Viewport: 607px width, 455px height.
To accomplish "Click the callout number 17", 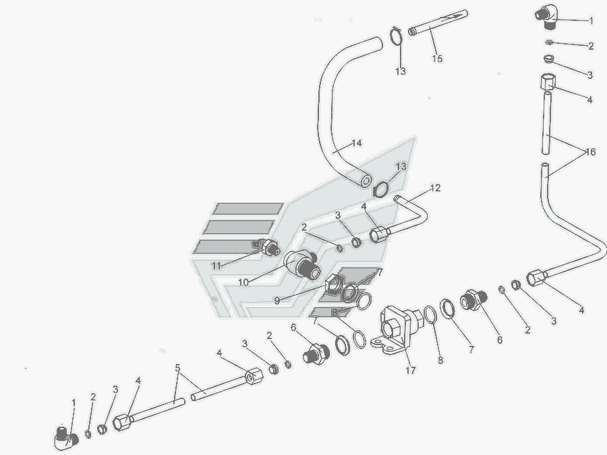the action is (x=410, y=370).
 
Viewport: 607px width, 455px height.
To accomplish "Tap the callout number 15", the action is (x=437, y=59).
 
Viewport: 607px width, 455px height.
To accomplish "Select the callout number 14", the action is (x=357, y=143).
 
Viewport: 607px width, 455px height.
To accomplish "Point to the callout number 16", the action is (x=590, y=152).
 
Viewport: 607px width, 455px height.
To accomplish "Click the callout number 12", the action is (x=435, y=188).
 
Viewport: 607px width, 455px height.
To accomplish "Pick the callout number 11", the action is (x=216, y=266).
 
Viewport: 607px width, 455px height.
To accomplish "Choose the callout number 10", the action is (x=243, y=282).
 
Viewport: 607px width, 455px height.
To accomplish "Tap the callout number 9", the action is (x=277, y=300).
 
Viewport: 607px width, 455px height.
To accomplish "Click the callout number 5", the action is (x=177, y=367).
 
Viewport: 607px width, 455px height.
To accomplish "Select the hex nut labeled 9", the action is (x=334, y=284).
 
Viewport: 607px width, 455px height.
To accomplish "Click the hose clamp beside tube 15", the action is (x=396, y=36).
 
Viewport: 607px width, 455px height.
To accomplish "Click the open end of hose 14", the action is (x=365, y=181).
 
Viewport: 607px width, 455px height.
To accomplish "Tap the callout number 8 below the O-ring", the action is (x=440, y=360).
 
